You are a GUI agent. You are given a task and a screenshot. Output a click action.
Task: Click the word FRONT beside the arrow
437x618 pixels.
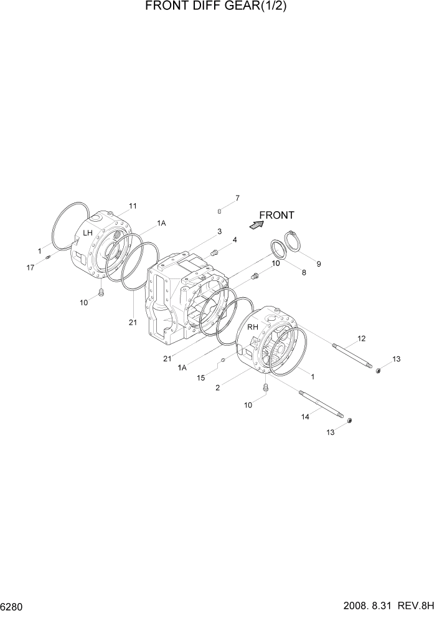pos(277,216)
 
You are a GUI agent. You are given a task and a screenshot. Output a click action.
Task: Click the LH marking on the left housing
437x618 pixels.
pos(88,233)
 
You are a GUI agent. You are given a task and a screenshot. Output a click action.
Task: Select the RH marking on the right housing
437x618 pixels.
pos(252,327)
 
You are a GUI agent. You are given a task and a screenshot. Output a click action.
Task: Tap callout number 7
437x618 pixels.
pos(237,199)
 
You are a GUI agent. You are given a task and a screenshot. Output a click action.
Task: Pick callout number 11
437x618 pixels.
pos(133,206)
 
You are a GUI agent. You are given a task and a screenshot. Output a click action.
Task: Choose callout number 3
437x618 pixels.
pos(219,231)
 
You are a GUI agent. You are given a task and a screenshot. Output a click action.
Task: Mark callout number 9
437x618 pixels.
pos(318,264)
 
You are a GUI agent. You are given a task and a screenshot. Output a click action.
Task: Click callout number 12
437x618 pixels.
pos(361,338)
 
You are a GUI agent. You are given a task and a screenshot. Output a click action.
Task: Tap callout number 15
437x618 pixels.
pos(200,378)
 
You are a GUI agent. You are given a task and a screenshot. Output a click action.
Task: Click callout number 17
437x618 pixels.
pos(30,267)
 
